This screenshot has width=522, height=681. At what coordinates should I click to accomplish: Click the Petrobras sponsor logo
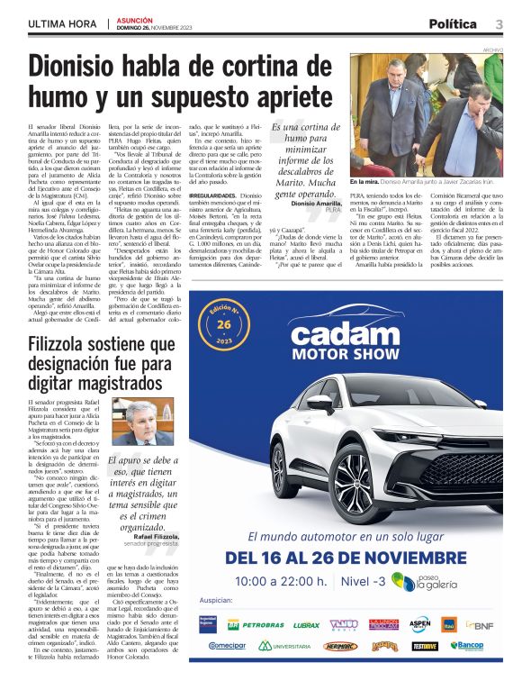pyautogui.click(x=256, y=623)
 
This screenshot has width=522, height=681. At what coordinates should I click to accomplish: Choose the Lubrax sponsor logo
pyautogui.click(x=306, y=623)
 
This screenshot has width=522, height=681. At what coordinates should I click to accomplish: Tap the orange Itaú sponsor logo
pyautogui.click(x=448, y=623)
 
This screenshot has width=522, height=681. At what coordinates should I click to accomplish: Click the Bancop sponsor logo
pyautogui.click(x=467, y=646)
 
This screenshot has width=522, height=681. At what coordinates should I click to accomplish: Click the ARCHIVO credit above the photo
pyautogui.click(x=492, y=50)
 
